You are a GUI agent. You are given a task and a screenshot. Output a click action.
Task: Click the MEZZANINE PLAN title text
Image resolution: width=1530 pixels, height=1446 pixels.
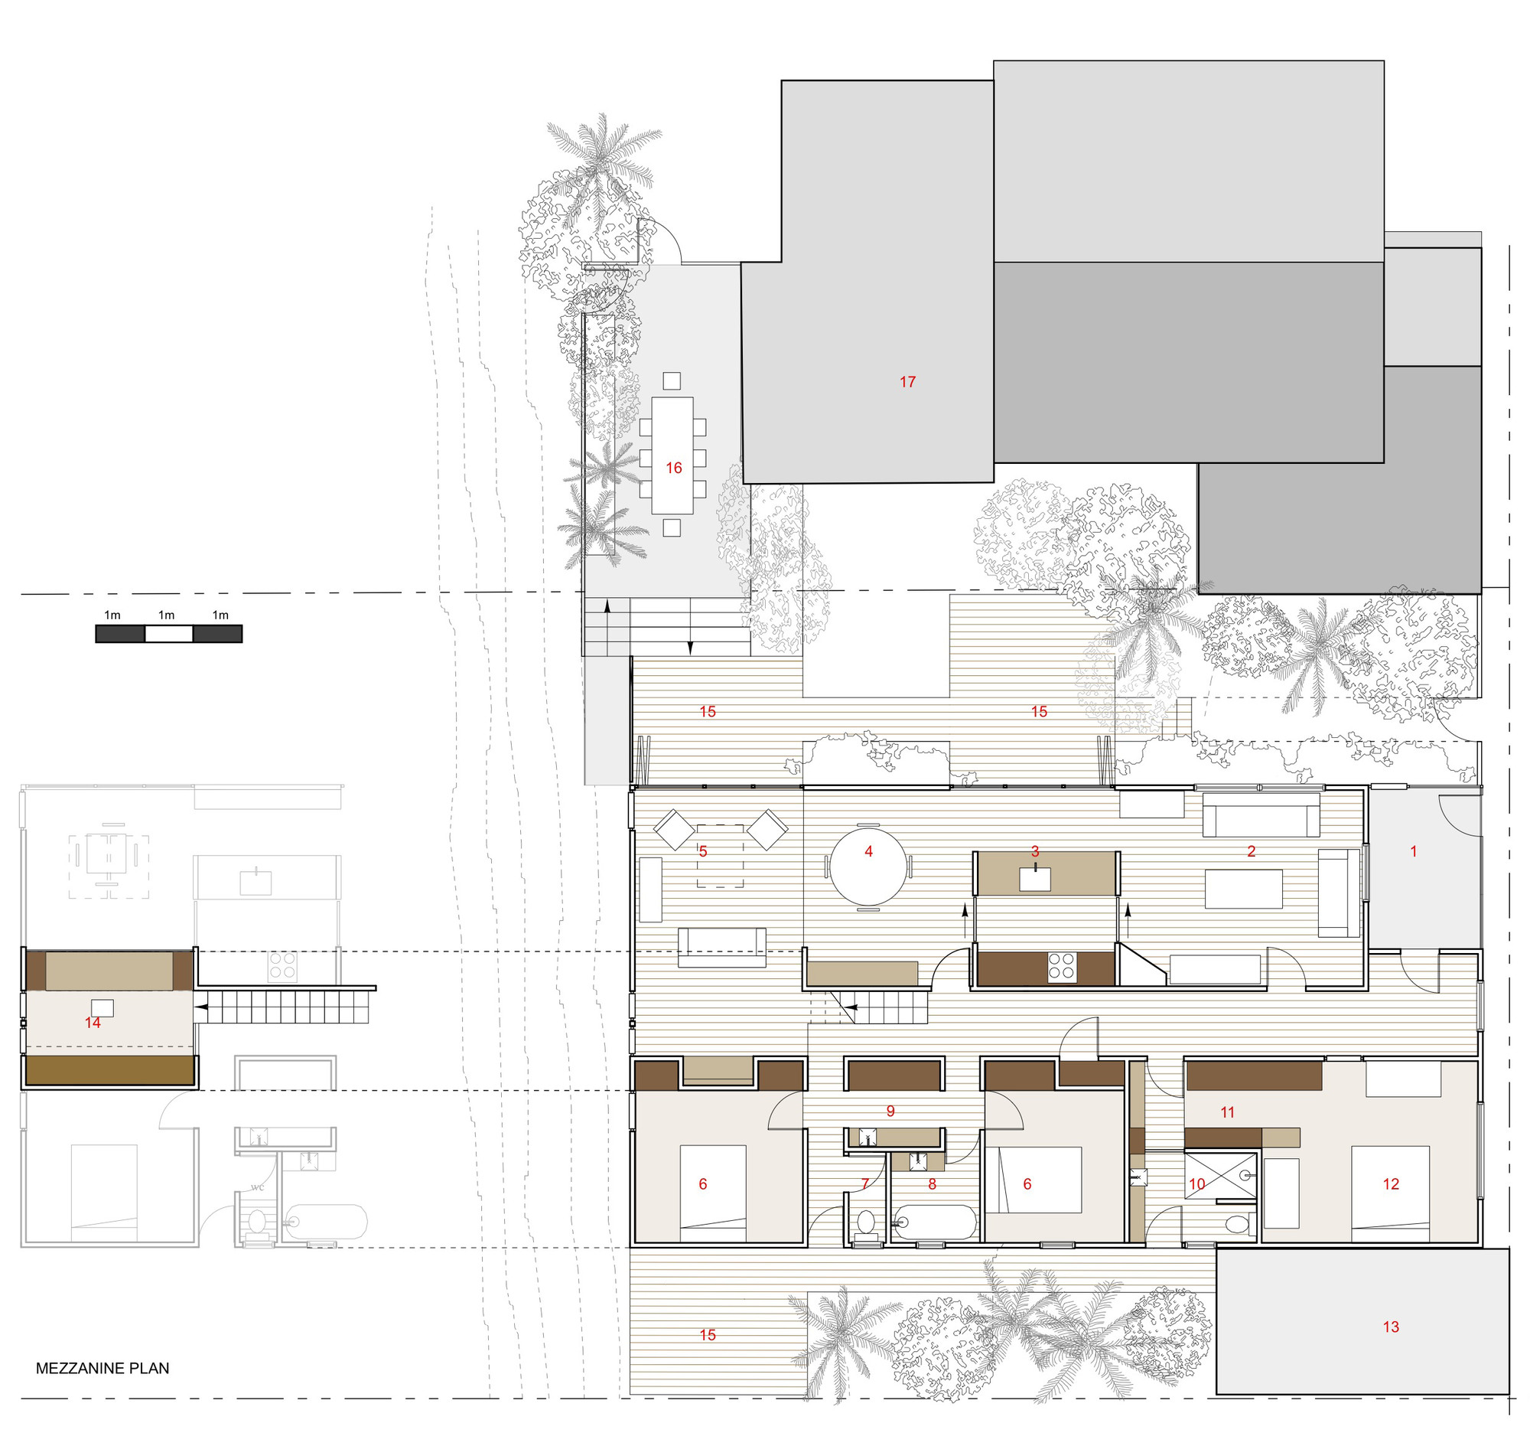point(103,1368)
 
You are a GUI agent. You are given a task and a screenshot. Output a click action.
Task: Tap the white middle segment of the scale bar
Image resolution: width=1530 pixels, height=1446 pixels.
point(169,634)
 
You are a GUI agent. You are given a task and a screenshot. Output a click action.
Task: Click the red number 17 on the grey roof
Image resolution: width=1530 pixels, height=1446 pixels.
point(907,381)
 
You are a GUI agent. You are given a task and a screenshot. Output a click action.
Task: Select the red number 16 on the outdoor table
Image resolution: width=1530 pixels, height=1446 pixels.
point(674,468)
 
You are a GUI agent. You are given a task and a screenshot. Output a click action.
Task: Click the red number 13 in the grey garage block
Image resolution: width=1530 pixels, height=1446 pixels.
point(1391,1327)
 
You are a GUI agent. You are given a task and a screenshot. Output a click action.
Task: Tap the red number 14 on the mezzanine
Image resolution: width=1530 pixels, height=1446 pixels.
point(93,1023)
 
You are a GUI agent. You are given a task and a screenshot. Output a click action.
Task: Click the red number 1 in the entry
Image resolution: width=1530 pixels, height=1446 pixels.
point(1414,852)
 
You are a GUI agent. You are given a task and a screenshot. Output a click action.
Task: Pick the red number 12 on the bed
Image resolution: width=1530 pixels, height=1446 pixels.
point(1391,1184)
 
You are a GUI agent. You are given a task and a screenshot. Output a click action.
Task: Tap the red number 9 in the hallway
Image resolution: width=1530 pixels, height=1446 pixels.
point(890,1111)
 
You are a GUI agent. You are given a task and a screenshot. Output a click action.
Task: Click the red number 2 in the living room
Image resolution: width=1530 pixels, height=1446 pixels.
point(1251,852)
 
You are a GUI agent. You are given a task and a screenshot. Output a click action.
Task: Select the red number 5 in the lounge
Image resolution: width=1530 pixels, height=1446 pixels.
point(702,852)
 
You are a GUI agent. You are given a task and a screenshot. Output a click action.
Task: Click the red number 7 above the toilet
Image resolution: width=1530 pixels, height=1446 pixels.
point(865,1183)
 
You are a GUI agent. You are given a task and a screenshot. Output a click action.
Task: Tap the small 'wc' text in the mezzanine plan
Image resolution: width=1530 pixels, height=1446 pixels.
point(257,1187)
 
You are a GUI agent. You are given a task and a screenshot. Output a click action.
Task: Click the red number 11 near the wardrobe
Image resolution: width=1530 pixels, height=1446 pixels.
point(1228,1112)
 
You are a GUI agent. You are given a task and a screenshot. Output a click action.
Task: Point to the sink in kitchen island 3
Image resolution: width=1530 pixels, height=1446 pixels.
point(1034,880)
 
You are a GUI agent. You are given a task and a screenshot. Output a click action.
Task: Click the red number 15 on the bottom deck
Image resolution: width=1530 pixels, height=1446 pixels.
point(708,1335)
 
